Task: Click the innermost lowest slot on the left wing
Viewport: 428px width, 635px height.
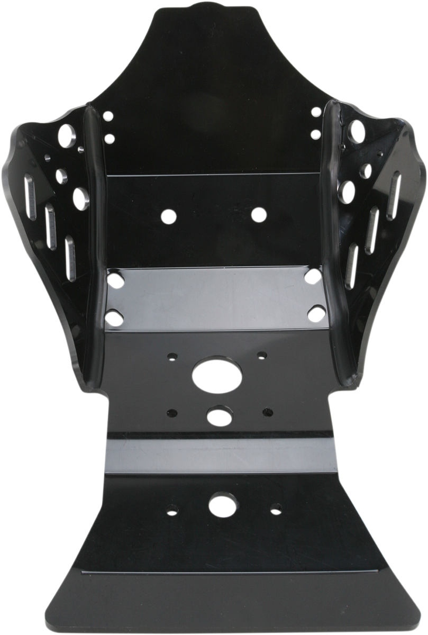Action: point(70,259)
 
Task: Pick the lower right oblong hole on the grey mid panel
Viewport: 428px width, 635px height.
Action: point(315,313)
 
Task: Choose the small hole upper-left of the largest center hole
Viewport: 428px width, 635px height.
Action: point(172,356)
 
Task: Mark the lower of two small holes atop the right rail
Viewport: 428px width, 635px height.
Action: point(315,133)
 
